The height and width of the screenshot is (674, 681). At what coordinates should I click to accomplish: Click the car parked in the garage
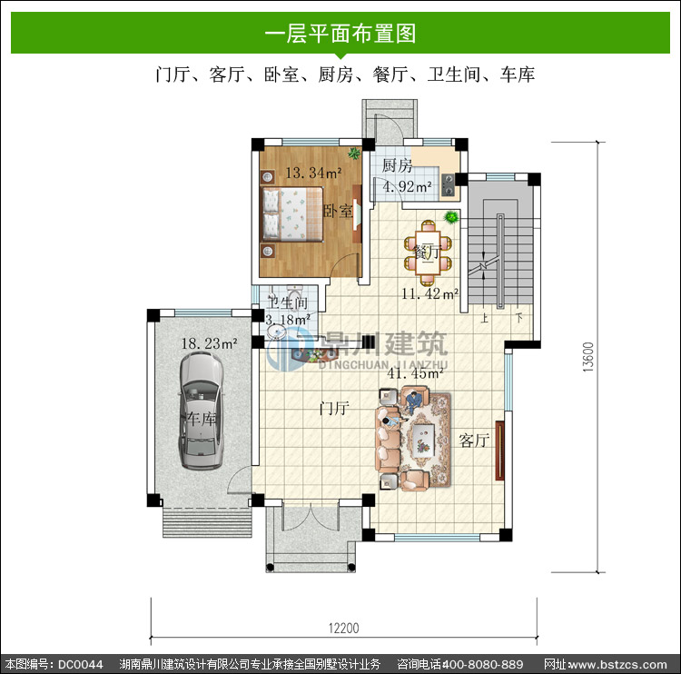pyautogui.click(x=201, y=411)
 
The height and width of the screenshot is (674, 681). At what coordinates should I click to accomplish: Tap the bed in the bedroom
pyautogui.click(x=292, y=213)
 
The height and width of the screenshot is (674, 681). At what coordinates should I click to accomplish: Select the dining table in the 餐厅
pyautogui.click(x=428, y=252)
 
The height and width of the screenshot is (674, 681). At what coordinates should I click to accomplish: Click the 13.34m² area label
pyautogui.click(x=313, y=173)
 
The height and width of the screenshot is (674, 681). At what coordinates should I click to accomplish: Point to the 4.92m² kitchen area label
pyautogui.click(x=407, y=186)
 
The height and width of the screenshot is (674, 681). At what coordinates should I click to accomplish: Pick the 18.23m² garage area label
pyautogui.click(x=209, y=343)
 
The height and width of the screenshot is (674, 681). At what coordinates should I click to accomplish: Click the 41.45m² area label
pyautogui.click(x=415, y=372)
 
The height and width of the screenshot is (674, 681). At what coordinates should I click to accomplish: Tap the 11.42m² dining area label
pyautogui.click(x=429, y=293)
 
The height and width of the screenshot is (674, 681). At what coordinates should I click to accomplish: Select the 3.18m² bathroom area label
pyautogui.click(x=288, y=320)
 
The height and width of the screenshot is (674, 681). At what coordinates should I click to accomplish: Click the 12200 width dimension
pyautogui.click(x=343, y=628)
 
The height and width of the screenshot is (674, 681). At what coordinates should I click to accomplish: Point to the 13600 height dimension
pyautogui.click(x=587, y=357)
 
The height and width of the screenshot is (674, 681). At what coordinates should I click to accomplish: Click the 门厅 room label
pyautogui.click(x=334, y=408)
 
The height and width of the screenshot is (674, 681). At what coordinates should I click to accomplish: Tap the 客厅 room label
pyautogui.click(x=474, y=441)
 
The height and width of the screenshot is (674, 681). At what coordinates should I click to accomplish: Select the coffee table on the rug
pyautogui.click(x=423, y=440)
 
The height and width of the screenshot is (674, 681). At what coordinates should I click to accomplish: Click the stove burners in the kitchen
pyautogui.click(x=448, y=184)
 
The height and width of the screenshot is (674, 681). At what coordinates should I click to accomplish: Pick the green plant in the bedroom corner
pyautogui.click(x=354, y=153)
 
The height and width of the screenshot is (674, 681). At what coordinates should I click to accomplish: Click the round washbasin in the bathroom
pyautogui.click(x=276, y=332)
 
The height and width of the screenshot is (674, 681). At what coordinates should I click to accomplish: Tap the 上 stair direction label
pyautogui.click(x=484, y=318)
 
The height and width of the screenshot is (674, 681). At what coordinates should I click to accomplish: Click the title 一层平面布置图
pyautogui.click(x=340, y=34)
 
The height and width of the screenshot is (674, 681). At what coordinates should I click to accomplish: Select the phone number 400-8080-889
pyautogui.click(x=482, y=664)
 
